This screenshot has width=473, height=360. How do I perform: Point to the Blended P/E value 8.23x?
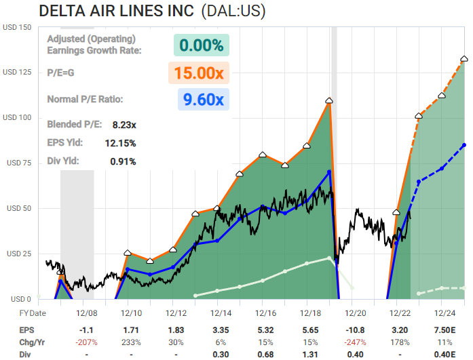pos(124,125)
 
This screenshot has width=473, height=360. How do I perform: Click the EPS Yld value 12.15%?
pos(121,143)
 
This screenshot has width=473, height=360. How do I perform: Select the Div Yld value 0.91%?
pos(123,161)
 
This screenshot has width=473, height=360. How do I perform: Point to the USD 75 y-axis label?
pos(19,163)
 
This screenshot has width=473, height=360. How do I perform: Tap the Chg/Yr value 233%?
pos(131,342)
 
